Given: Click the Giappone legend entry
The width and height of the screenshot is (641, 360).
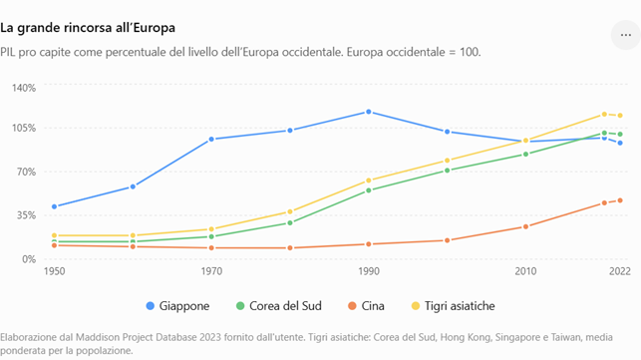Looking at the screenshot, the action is pyautogui.click(x=177, y=306).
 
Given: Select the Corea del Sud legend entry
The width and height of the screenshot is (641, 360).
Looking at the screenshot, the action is pyautogui.click(x=279, y=306).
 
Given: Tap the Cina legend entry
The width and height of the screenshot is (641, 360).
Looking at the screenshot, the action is pyautogui.click(x=366, y=306).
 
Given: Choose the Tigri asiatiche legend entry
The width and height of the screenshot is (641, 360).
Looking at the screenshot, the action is pyautogui.click(x=453, y=306).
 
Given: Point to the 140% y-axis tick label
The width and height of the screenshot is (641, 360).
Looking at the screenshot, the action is pyautogui.click(x=24, y=88).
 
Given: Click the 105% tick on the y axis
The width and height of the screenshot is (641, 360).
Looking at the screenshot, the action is pyautogui.click(x=24, y=128).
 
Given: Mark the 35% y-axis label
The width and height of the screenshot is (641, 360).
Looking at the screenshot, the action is pyautogui.click(x=26, y=215).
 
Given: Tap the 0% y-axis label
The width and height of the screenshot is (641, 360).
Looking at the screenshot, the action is pyautogui.click(x=29, y=259).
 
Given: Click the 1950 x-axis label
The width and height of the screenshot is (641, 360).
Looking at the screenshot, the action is pyautogui.click(x=55, y=271).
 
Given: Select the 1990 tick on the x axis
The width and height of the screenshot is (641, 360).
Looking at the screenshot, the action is pyautogui.click(x=369, y=271).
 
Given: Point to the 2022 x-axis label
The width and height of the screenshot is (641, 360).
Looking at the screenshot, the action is pyautogui.click(x=620, y=271).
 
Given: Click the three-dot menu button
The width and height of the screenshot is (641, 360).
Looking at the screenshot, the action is pyautogui.click(x=625, y=35).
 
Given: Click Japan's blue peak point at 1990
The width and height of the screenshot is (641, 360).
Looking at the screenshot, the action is pyautogui.click(x=369, y=112).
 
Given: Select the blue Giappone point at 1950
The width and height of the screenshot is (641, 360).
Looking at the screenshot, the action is pyautogui.click(x=55, y=206).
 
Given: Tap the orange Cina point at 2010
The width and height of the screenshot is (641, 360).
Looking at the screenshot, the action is pyautogui.click(x=525, y=226).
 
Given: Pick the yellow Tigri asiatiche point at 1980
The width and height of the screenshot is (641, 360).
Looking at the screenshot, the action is pyautogui.click(x=290, y=211).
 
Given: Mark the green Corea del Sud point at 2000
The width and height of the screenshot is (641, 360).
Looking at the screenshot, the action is pyautogui.click(x=448, y=171).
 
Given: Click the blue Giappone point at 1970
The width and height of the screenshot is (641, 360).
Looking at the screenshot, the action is pyautogui.click(x=211, y=139).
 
